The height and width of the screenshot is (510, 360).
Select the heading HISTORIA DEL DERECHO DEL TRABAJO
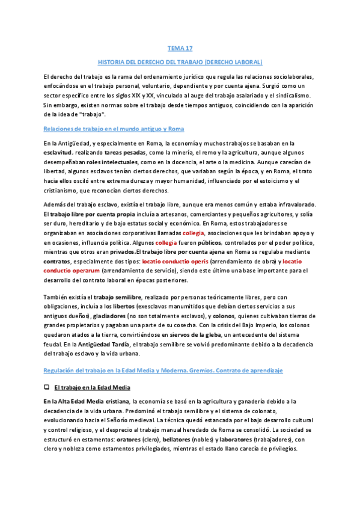click(180, 62)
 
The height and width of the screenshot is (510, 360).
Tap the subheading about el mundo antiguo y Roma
click(114, 129)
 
